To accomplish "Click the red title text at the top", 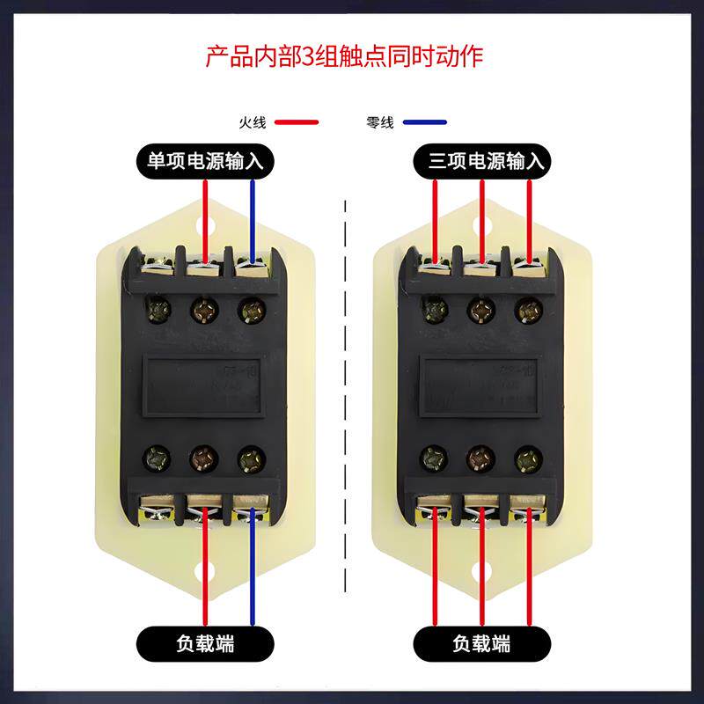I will [x=344, y=58].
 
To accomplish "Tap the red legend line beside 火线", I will [x=297, y=122].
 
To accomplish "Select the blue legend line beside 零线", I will [x=424, y=122].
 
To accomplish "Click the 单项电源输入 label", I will [x=205, y=161].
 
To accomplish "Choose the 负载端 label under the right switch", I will [x=481, y=642].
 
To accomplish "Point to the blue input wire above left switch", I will [x=253, y=216].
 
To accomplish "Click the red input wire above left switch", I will [x=206, y=216].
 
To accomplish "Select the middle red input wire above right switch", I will [x=482, y=216].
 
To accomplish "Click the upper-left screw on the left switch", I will [x=158, y=309].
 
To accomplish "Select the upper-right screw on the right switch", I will [x=528, y=309].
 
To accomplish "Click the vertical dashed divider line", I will [x=346, y=396].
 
